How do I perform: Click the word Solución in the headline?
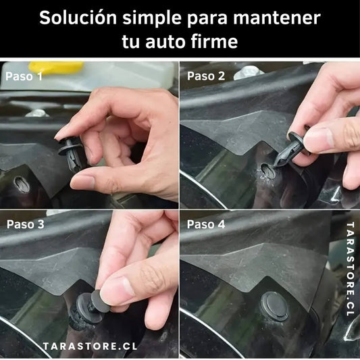coord(78,18)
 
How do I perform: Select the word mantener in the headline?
coord(277,18)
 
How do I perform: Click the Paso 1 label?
coord(24,76)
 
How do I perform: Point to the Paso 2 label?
coord(206,76)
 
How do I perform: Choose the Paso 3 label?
coord(25,224)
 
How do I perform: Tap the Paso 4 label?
coord(206,224)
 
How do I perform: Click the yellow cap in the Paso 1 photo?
coord(56,68)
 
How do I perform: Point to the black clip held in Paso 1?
coord(72,153)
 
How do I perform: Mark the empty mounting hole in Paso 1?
coord(22,184)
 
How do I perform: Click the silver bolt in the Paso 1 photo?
coord(36,113)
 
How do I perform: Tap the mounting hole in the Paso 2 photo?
coord(267,171)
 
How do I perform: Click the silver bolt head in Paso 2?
coord(248,72)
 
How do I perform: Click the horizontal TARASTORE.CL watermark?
coord(91,346)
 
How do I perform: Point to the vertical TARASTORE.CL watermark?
coord(350,269)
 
